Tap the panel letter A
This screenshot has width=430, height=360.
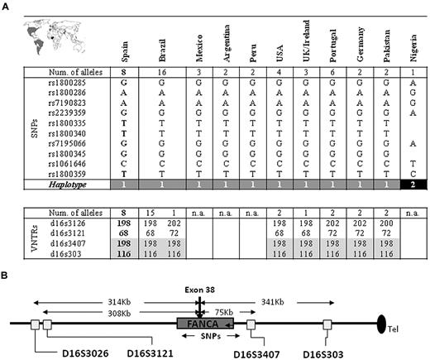click(x=7, y=6)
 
